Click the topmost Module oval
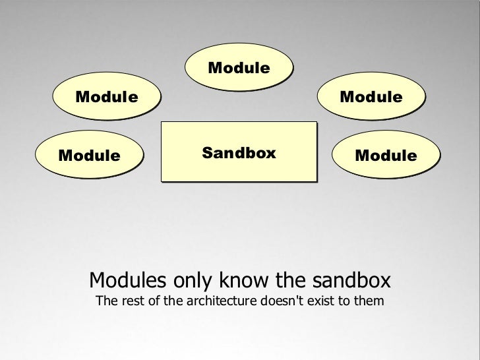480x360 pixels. point(239,68)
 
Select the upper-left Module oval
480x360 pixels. point(107,98)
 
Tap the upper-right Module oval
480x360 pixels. point(371,98)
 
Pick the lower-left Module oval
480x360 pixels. point(90,156)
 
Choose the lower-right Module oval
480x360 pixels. point(385,156)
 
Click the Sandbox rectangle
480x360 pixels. point(239,152)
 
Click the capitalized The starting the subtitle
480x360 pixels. point(107,303)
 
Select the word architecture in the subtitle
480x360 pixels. point(215,303)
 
